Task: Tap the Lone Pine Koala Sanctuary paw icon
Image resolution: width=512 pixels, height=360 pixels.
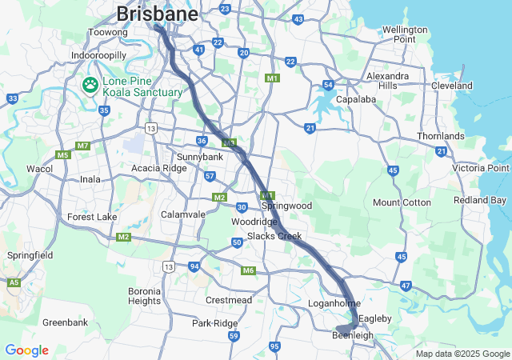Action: click(89, 84)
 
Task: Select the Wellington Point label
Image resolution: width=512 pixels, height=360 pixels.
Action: click(405, 34)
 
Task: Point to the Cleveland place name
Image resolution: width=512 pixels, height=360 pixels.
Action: click(451, 86)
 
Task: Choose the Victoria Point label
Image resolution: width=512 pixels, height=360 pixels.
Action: click(480, 168)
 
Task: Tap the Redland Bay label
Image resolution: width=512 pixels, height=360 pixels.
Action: click(480, 200)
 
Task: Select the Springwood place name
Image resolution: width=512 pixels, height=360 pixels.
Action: click(287, 206)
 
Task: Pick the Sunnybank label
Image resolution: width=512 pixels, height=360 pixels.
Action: click(199, 157)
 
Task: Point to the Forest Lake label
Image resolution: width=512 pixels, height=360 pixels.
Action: click(92, 217)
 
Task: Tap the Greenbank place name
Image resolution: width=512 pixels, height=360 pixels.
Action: click(65, 322)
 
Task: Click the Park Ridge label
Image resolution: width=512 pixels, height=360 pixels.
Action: click(215, 323)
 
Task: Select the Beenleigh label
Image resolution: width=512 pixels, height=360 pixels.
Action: click(353, 336)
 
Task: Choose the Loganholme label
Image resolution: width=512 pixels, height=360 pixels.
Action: click(334, 304)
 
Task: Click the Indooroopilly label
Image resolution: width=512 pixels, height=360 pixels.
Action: click(98, 55)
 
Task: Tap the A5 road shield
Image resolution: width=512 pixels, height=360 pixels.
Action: click(14, 282)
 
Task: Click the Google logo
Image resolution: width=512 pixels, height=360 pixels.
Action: click(26, 350)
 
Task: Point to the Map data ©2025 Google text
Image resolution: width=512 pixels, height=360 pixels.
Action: click(462, 354)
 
